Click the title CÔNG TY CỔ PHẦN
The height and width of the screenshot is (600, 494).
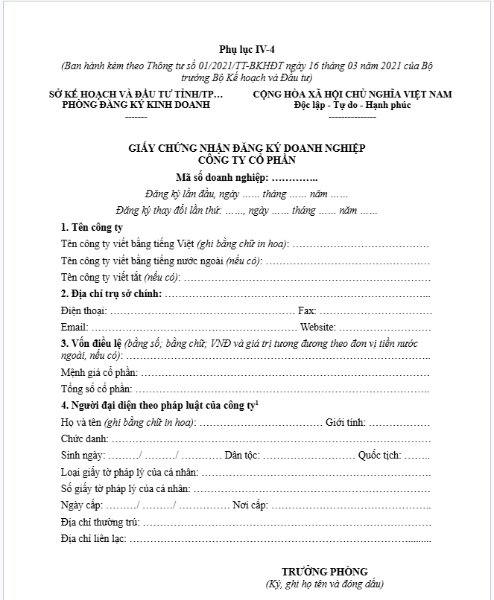click(247, 159)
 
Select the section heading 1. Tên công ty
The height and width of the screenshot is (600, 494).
click(92, 227)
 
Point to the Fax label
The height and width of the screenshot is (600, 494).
click(306, 310)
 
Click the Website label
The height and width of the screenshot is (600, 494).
click(317, 327)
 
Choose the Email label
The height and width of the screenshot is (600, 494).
click(74, 327)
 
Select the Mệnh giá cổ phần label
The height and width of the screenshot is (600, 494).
click(99, 372)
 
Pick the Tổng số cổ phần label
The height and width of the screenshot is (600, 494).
click(96, 389)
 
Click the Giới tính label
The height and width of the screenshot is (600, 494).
click(345, 422)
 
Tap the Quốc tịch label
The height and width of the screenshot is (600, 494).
click(379, 455)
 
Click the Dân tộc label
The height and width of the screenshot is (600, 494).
click(242, 455)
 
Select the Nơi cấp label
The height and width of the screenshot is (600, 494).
click(249, 505)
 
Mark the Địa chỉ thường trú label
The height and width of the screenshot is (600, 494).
click(100, 522)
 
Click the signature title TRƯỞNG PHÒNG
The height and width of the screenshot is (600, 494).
click(324, 572)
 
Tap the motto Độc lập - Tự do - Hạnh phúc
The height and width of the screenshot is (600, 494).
click(352, 105)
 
